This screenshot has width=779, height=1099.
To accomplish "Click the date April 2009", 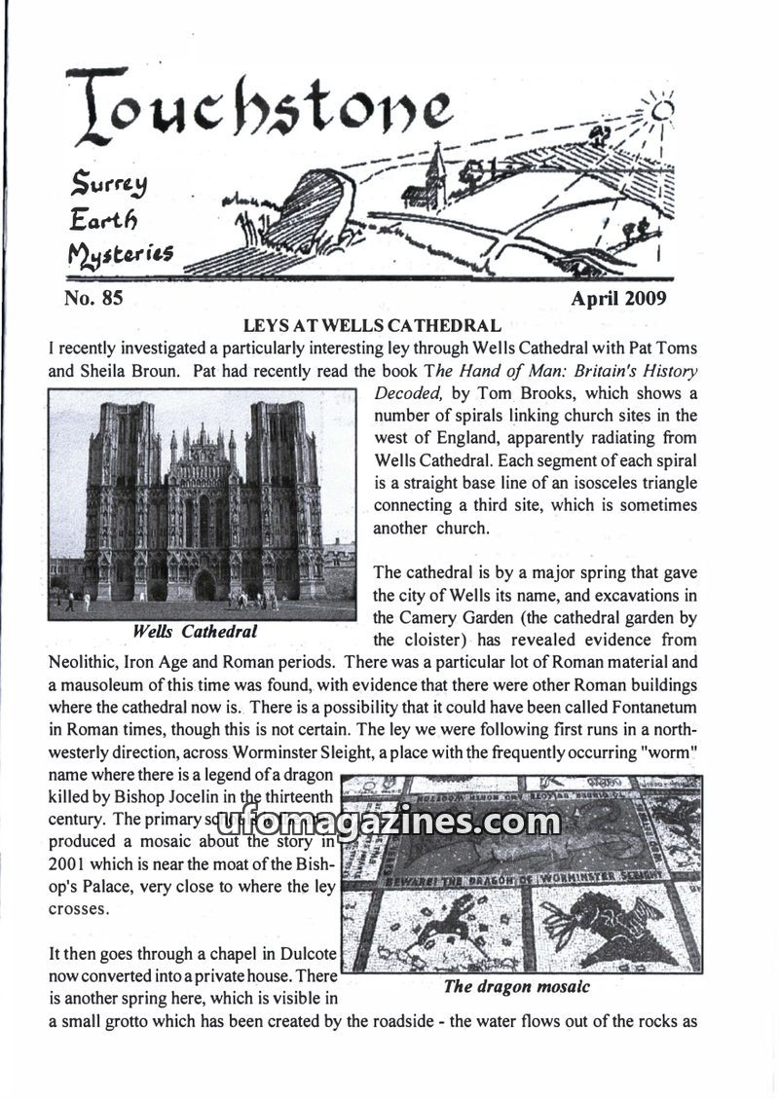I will click(618, 299).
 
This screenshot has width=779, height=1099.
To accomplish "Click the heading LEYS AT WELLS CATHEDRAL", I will click(371, 325).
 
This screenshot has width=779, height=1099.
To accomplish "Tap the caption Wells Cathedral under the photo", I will click(195, 632).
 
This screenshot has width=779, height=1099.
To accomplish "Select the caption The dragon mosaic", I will click(516, 986).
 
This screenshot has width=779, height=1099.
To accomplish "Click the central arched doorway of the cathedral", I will click(204, 586).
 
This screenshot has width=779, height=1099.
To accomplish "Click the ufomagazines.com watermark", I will click(389, 823).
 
